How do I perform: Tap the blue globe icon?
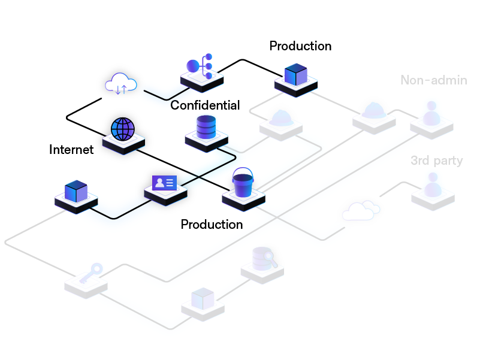point(123,129)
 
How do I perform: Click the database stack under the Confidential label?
point(206,128)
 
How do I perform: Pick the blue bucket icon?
point(243,183)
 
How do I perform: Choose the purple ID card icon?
point(165,182)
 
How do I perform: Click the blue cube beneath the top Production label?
point(295,75)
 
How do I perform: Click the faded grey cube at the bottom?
point(203,297)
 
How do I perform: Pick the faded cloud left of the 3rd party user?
point(361,210)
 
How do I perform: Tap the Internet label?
point(71,150)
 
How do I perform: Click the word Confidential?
point(205,105)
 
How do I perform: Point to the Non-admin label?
point(433,80)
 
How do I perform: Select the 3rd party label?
point(436,161)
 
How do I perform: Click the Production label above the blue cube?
point(300,46)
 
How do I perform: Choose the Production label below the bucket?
point(212,225)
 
